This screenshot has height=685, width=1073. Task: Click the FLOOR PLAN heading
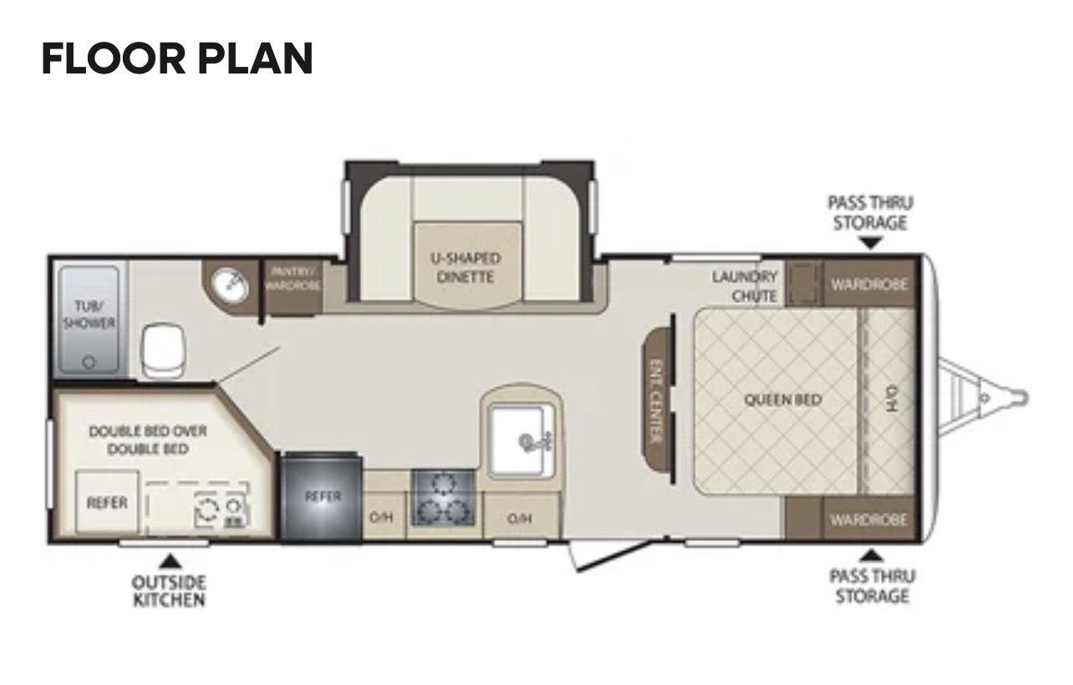point(177,58)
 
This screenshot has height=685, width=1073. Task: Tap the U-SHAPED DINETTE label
point(465,268)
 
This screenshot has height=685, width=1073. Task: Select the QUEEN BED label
point(783,399)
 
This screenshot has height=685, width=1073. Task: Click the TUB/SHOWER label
point(89,314)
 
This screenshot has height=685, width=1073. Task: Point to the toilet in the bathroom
point(163,350)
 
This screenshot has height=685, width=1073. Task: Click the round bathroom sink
point(230,286)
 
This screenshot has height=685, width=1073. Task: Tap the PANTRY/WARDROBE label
point(292,279)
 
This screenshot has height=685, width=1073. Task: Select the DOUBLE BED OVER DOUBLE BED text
point(148,440)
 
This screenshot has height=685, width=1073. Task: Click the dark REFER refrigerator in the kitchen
point(321,497)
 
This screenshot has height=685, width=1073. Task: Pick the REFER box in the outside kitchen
point(107,502)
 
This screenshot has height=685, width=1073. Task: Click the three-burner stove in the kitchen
point(444,498)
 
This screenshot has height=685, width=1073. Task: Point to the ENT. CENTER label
point(656,401)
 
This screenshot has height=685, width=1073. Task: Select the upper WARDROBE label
point(869,285)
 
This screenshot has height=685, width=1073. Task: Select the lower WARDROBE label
point(868,520)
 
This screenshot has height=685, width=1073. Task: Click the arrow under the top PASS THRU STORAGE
point(871,243)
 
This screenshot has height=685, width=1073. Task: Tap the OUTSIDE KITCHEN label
point(169,591)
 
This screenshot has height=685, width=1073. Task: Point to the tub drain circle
point(89,363)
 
